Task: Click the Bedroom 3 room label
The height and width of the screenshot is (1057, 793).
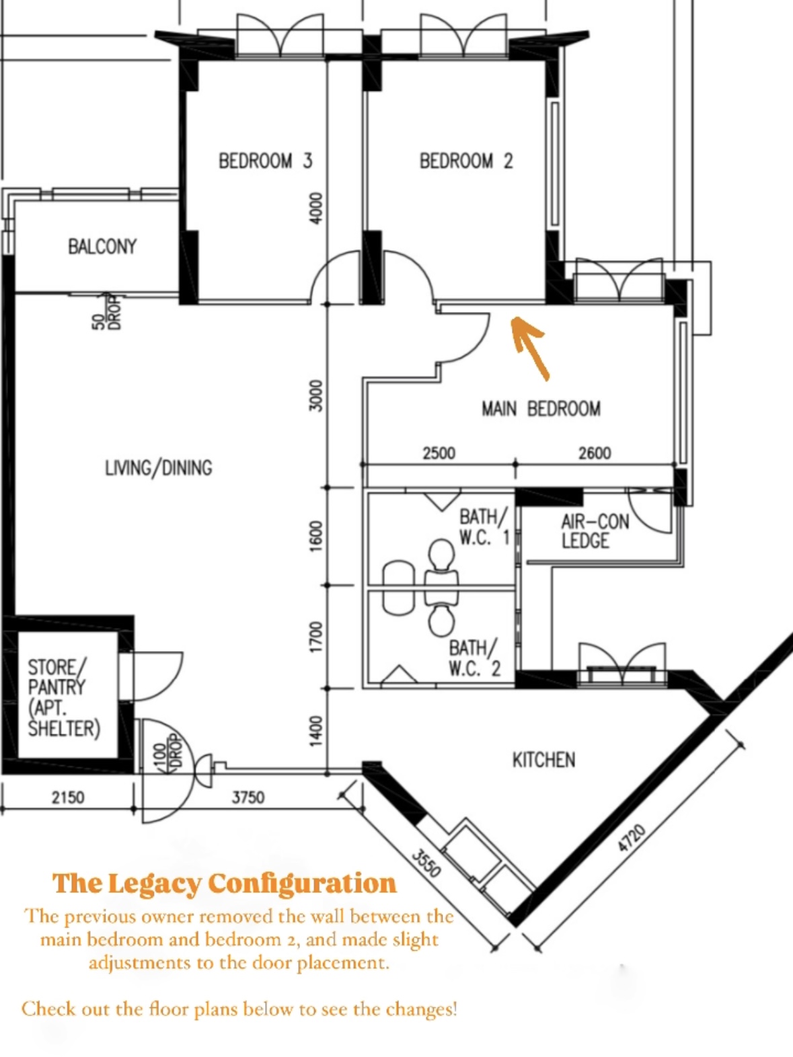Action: (x=265, y=161)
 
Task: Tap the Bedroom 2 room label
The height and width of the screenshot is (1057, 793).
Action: (x=465, y=161)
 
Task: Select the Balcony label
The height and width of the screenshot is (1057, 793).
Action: (x=102, y=246)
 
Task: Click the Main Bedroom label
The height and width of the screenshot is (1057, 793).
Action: (x=541, y=408)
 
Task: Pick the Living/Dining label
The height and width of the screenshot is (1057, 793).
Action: (x=158, y=467)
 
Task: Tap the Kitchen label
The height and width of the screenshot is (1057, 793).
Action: (x=543, y=760)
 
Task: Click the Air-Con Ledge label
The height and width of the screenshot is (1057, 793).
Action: (x=595, y=531)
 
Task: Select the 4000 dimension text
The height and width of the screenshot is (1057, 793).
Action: (x=315, y=208)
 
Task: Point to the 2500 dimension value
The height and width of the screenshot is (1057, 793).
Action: (x=439, y=453)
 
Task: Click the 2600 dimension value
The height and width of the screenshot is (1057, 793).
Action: (x=595, y=453)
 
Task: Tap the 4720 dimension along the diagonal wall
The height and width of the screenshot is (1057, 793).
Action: (x=632, y=837)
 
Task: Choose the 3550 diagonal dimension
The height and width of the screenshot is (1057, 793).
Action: (x=426, y=863)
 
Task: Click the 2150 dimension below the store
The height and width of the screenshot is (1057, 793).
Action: (x=68, y=797)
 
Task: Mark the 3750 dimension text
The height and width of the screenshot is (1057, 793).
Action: (x=248, y=797)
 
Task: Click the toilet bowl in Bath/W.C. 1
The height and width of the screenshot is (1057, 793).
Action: (x=441, y=555)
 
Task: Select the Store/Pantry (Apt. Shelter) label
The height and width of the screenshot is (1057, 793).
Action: (x=63, y=697)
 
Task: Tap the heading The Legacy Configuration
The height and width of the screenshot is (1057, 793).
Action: (x=225, y=884)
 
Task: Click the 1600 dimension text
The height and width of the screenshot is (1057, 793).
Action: (x=315, y=535)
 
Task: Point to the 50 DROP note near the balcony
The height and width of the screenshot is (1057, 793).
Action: (x=106, y=312)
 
